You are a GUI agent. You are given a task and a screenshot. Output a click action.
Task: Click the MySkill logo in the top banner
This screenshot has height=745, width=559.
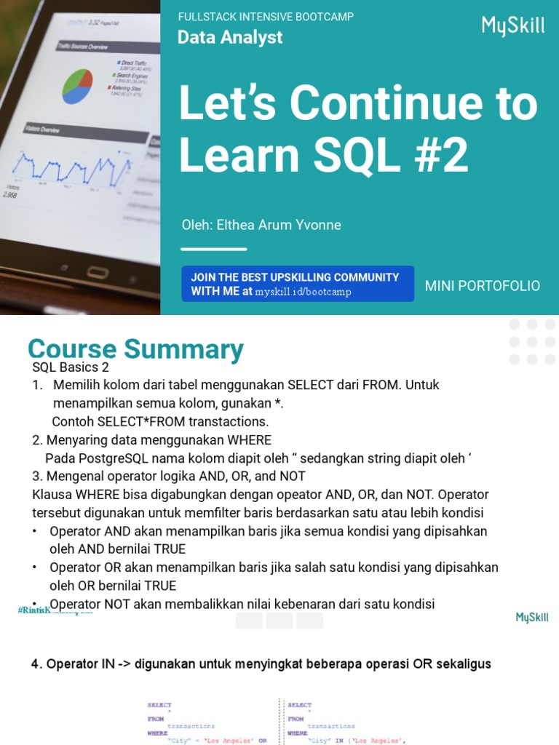pos(512,26)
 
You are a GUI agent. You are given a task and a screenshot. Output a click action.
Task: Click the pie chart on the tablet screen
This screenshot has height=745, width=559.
pos(77,86)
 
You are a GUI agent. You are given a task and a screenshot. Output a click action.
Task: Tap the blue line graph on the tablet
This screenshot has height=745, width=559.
pos(66,166)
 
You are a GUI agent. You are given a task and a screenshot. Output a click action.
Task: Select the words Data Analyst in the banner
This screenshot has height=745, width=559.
pos(230,37)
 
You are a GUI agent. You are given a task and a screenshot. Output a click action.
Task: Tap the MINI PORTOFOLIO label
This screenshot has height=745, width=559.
pos(483,286)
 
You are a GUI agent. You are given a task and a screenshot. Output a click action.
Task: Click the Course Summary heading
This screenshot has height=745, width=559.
pos(135,349)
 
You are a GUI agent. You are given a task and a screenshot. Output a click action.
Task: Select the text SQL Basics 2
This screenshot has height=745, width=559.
pos(71,367)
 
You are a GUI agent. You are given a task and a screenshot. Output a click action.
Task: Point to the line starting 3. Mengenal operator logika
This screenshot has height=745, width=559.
pos(169,477)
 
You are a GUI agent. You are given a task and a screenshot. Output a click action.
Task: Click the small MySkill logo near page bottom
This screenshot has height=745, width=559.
pos(532,618)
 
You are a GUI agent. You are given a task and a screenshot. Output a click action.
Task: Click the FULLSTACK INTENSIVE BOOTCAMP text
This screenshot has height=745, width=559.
pos(266,17)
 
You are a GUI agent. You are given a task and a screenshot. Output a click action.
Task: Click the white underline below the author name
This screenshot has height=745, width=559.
pos(214,249)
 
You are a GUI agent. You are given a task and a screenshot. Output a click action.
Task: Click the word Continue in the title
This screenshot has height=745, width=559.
pos(383,104)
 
